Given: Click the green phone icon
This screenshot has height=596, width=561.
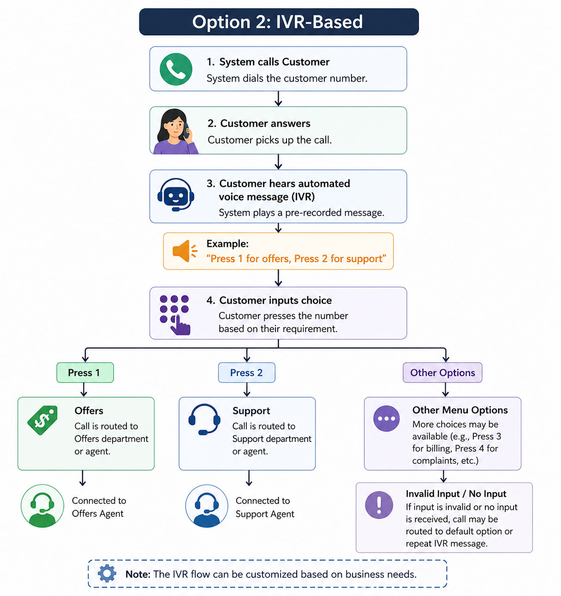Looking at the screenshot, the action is click(x=176, y=69).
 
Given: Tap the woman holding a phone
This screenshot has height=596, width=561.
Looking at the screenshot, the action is click(x=176, y=131).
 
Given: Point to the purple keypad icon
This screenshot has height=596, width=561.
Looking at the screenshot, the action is click(x=175, y=315).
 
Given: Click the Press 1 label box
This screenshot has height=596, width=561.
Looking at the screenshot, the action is click(x=85, y=372).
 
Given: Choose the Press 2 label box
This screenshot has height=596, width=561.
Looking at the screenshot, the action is click(x=246, y=372).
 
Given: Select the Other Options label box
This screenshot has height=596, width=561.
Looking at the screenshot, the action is click(x=442, y=372).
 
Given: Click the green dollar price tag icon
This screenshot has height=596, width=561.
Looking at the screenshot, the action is click(x=42, y=420).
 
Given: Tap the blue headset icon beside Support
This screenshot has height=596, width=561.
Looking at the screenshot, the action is click(x=204, y=419).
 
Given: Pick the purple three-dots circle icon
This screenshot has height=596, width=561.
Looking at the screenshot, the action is click(x=387, y=419).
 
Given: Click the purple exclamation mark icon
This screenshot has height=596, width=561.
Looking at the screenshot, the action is click(x=379, y=505).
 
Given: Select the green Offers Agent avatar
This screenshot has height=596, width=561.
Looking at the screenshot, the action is click(x=42, y=506).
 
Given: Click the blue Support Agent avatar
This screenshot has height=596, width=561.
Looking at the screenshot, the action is click(x=207, y=506).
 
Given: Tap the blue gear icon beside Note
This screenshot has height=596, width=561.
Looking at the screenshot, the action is click(x=107, y=573).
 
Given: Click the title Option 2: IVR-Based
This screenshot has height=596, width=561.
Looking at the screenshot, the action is click(x=277, y=22).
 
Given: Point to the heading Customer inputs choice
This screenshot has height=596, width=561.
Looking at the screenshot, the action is click(x=275, y=300).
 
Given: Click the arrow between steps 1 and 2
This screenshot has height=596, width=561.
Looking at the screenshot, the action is click(x=279, y=99).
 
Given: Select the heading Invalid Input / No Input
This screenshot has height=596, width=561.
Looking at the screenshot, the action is click(x=456, y=494).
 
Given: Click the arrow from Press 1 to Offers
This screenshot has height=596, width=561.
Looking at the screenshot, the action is click(x=84, y=389).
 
